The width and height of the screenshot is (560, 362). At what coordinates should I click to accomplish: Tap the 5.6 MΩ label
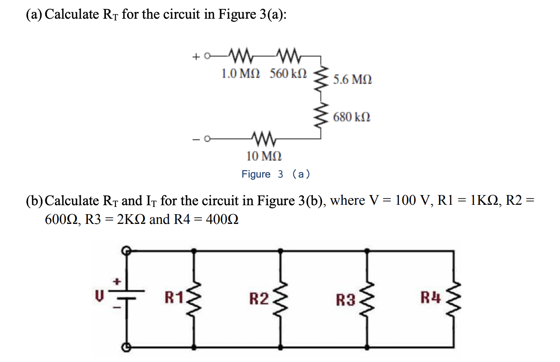pos(352,79)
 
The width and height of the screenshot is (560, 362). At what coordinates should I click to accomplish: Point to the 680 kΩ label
pos(351,116)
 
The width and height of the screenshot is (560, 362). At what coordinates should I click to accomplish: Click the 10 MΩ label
pos(263,156)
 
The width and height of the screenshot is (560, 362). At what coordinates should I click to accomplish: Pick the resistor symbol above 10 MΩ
pos(264,138)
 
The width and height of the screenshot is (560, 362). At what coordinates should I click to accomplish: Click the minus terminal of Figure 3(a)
pos(207,139)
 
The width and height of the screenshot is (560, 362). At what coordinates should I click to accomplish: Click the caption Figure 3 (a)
pos(276,174)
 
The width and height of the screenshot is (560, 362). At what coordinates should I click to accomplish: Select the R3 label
pos(345,301)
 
